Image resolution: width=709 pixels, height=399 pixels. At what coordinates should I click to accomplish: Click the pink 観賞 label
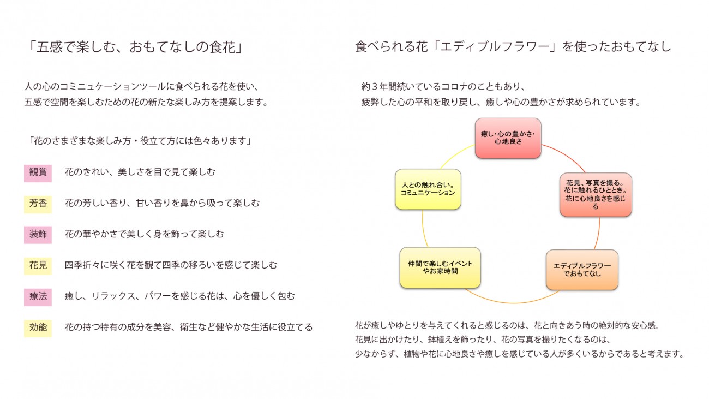click(x=38, y=172)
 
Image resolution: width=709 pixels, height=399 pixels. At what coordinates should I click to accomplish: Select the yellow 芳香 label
click(x=38, y=204)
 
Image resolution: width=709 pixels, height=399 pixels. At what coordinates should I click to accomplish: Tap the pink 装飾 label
click(x=38, y=234)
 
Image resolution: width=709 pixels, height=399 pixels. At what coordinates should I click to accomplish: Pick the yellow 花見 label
click(x=38, y=265)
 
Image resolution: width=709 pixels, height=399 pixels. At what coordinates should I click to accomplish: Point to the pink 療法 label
click(x=38, y=296)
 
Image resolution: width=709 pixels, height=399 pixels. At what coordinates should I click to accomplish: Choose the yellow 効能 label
click(x=38, y=327)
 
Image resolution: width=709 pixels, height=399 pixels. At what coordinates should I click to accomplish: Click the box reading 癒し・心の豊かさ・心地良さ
click(x=508, y=138)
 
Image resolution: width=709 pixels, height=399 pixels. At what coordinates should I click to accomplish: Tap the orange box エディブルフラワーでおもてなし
click(x=582, y=270)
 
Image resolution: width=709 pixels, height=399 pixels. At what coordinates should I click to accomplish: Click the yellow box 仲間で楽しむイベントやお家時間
click(x=440, y=267)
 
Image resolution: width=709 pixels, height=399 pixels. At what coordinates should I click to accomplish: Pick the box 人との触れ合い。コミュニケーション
click(x=428, y=189)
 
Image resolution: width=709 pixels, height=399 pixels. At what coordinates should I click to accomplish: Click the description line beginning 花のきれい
click(x=140, y=172)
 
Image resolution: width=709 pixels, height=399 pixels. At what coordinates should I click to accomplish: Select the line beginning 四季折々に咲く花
click(x=171, y=265)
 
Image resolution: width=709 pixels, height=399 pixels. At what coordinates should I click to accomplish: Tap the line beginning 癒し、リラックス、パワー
click(x=179, y=296)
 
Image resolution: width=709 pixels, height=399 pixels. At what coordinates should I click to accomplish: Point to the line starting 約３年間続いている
click(x=442, y=87)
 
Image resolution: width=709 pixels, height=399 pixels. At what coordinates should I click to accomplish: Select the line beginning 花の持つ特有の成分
click(x=189, y=327)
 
